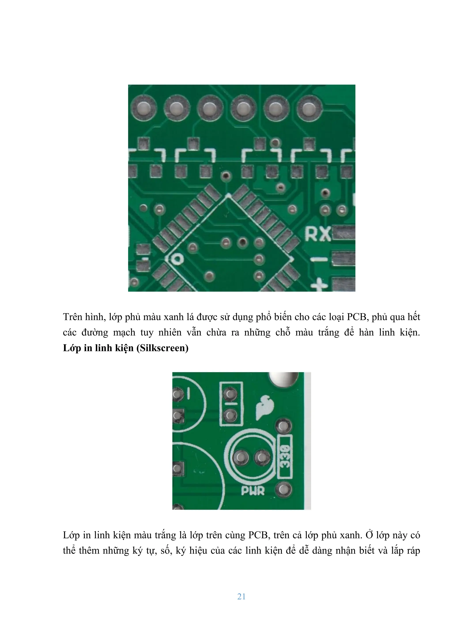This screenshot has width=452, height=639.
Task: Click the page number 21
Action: pos(241,596)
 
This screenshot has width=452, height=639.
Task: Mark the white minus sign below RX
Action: pos(319,259)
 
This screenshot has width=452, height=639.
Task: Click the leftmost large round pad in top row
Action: pos(144,108)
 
